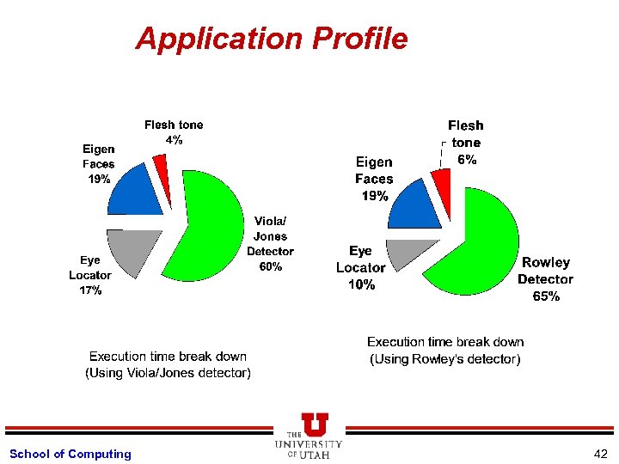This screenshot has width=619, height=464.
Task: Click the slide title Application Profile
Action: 271,39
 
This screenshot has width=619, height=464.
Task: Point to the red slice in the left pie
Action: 160,163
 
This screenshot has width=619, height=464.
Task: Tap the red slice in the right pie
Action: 441,180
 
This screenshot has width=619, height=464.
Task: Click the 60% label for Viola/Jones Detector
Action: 270,267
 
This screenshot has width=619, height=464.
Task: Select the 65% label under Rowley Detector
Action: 545,296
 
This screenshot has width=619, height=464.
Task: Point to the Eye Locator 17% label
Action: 89,275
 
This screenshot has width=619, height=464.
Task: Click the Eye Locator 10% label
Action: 360,268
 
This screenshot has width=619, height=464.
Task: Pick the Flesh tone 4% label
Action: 174,132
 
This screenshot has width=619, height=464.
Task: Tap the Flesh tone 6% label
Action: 466,143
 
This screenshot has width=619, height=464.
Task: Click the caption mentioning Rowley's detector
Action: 445,351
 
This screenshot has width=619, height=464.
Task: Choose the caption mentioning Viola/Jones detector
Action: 168,364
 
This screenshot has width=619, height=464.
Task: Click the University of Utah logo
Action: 309,436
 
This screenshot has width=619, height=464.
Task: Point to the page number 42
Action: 600,454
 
